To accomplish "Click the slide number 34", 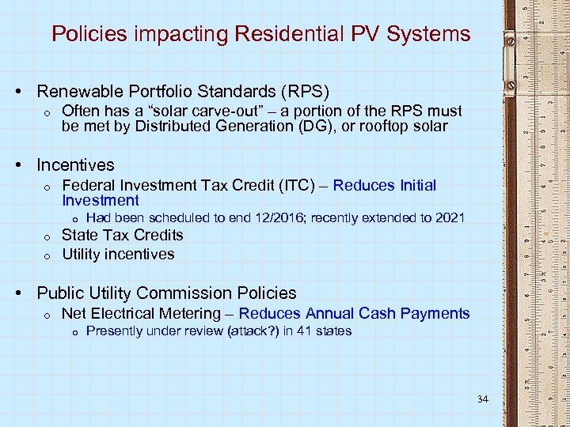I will [x=483, y=399].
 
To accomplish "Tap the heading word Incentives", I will [x=75, y=165].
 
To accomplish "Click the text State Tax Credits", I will [x=122, y=236].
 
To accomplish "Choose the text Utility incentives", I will [x=118, y=255].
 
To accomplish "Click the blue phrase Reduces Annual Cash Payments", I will [x=354, y=314].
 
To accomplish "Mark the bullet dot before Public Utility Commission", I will [x=25, y=293].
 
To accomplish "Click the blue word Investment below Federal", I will [x=100, y=201].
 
